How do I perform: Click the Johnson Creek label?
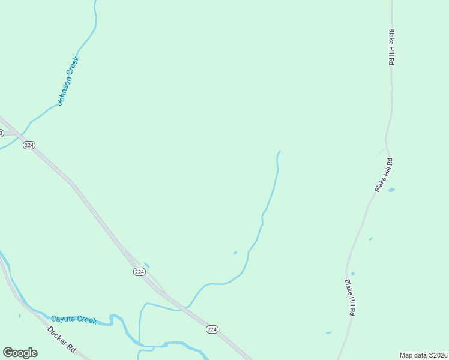click(68, 80)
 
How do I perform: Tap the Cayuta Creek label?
click(74, 320)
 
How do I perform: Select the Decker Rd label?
click(62, 340)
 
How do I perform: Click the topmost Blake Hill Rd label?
click(391, 47)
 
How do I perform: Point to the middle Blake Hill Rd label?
click(384, 175)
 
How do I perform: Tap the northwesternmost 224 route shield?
click(29, 145)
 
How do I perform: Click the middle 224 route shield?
click(139, 272)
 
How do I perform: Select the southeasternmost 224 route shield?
click(212, 329)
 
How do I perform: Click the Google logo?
click(20, 353)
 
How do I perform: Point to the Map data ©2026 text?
click(424, 355)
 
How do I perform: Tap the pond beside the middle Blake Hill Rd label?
click(391, 190)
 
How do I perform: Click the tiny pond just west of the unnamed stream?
click(235, 253)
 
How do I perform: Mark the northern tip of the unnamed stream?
click(280, 151)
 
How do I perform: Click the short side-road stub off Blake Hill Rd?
click(380, 152)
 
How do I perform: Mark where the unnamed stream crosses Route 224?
click(186, 308)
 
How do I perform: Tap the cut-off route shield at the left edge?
click(1, 132)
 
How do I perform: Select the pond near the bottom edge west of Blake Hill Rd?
click(328, 332)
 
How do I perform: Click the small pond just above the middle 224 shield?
click(147, 265)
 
